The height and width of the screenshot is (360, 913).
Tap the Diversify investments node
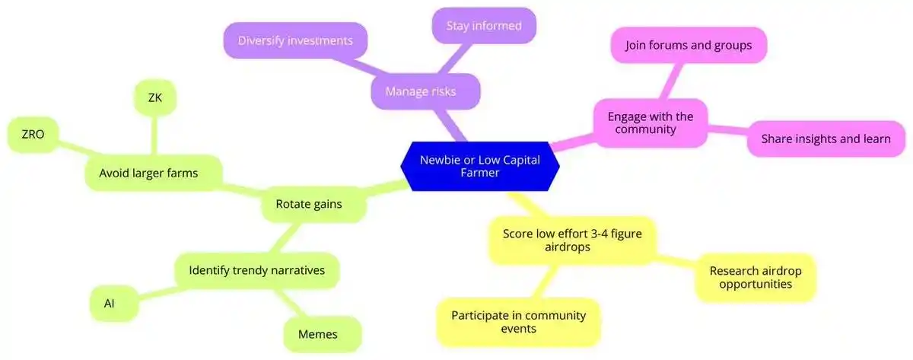pyautogui.click(x=295, y=40)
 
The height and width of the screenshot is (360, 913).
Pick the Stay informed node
pyautogui.click(x=484, y=26)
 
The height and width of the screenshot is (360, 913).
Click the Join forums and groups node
pyautogui.click(x=688, y=46)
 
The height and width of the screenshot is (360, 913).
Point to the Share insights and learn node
pyautogui.click(x=826, y=139)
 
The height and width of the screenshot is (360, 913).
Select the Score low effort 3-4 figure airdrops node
pyautogui.click(x=571, y=239)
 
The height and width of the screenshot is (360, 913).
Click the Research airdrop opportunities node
pyautogui.click(x=755, y=277)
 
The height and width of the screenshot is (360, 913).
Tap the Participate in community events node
pyautogui.click(x=517, y=322)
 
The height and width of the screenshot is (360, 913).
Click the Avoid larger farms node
pyautogui.click(x=148, y=173)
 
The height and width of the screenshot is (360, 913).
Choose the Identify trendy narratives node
pyautogui.click(x=256, y=269)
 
